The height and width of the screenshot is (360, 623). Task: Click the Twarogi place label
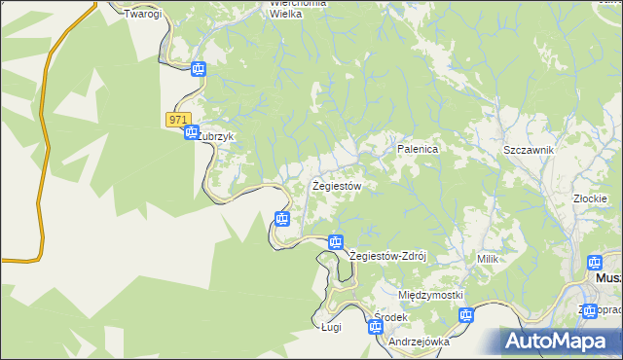[141, 15]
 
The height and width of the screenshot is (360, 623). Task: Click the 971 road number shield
[176, 119]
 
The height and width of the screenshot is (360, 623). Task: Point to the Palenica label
[419, 149]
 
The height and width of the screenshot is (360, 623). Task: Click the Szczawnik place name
[529, 150]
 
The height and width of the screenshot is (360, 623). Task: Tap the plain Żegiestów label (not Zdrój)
[337, 185]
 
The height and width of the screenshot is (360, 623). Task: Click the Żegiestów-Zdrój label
[388, 256]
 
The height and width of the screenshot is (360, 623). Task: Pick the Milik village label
[488, 259]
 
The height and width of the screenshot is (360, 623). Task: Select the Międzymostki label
[430, 294]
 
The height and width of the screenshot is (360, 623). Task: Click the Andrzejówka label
[419, 342]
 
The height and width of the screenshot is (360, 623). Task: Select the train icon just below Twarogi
[199, 69]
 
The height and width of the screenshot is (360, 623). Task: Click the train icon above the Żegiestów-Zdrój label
[336, 241]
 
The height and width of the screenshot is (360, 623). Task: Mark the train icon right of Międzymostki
[466, 315]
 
